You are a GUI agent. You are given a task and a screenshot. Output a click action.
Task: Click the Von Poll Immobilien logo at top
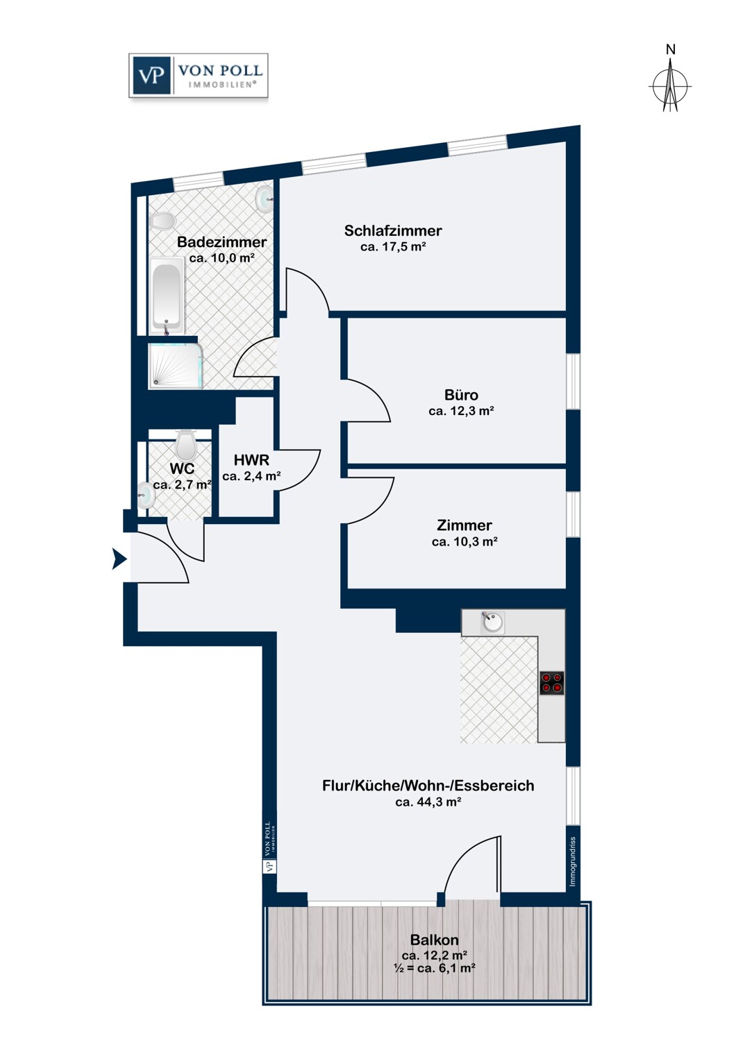tap(198, 75)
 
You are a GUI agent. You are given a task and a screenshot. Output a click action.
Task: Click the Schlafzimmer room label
tap(393, 230)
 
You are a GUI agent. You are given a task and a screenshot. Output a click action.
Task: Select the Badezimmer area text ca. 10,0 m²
tap(221, 258)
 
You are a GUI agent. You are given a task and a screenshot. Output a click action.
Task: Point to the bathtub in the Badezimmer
tap(167, 295)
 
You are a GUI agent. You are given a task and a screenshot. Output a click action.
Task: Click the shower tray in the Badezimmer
tap(176, 366)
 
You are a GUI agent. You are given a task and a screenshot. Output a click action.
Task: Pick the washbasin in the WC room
tap(146, 496)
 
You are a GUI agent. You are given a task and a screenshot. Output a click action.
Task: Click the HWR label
tap(251, 460)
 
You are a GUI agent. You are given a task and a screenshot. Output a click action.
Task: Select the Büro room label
tap(461, 395)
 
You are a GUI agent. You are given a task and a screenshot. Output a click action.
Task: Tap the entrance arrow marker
tap(119, 559)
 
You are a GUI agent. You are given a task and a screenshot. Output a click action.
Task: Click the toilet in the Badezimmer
tap(162, 221)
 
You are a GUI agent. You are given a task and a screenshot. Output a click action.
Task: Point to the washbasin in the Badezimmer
tap(265, 199)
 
